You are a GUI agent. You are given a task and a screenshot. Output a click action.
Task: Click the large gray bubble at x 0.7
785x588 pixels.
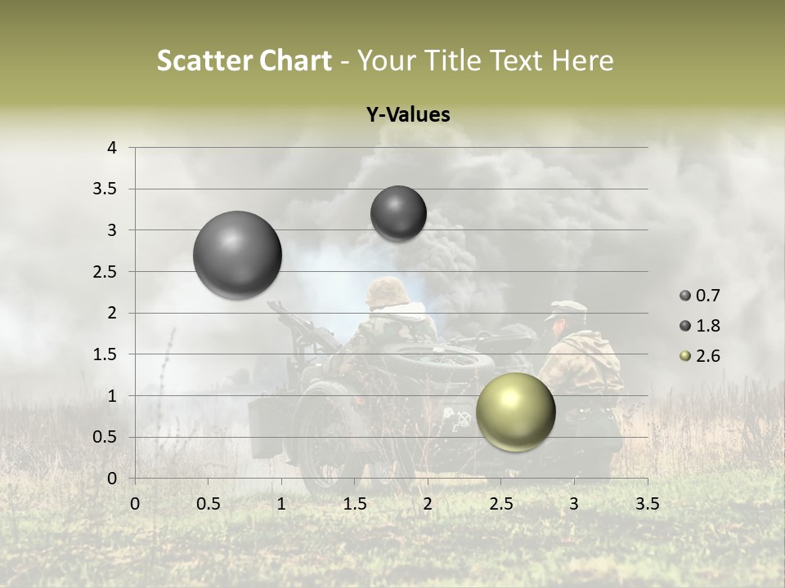pyautogui.click(x=238, y=255)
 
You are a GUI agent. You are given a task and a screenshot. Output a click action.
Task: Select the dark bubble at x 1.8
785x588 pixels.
pyautogui.click(x=398, y=213)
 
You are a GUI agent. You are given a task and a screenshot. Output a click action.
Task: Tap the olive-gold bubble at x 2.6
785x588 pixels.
pyautogui.click(x=515, y=412)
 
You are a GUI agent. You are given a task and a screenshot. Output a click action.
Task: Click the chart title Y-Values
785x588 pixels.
pyautogui.click(x=407, y=115)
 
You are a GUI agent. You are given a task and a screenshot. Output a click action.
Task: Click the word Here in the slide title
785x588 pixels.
pyautogui.click(x=581, y=60)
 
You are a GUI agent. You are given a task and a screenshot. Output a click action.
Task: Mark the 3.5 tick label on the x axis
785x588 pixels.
pyautogui.click(x=647, y=504)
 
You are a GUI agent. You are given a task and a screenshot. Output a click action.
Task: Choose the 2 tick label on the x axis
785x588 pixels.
pyautogui.click(x=428, y=504)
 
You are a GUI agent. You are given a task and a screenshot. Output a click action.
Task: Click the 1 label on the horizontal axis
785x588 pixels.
pyautogui.click(x=281, y=504)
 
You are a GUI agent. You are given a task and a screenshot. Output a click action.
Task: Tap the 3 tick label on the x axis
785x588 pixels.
pyautogui.click(x=574, y=504)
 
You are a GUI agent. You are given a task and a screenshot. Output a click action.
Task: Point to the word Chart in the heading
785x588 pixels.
pyautogui.click(x=291, y=60)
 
